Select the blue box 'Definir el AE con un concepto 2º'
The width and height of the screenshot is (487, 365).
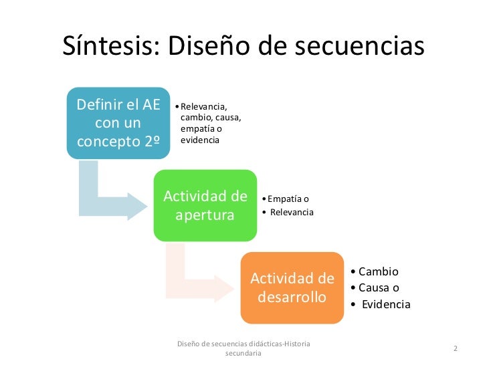coord(118,123)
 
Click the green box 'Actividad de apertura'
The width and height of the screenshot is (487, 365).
coord(205,206)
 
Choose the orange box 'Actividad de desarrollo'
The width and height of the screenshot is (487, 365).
coord(292,287)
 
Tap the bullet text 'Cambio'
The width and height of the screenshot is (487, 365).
coord(378,271)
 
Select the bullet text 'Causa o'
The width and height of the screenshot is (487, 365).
coord(379,287)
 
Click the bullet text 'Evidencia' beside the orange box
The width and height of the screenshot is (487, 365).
coord(386,304)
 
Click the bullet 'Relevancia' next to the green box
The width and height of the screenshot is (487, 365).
coord(292,213)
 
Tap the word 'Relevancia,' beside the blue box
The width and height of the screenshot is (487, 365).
coord(204,106)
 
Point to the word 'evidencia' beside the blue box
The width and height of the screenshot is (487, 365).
coord(200,140)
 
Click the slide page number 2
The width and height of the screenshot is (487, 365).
coord(455,349)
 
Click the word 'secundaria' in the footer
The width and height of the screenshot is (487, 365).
coord(243,354)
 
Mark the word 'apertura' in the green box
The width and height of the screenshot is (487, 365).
coord(205,215)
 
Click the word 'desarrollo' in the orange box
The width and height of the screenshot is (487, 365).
coord(292,296)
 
